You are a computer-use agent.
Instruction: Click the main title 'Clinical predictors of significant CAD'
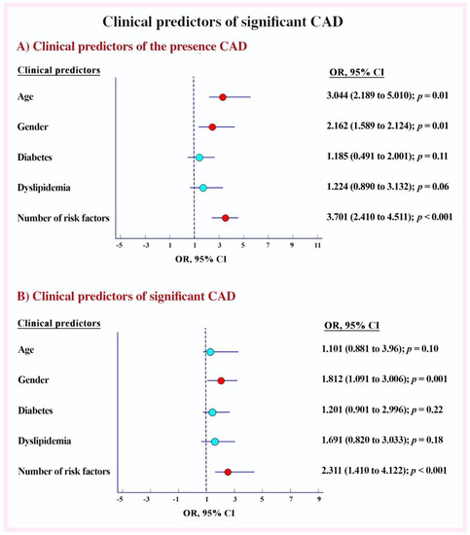[x=235, y=22]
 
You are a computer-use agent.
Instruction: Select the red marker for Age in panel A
[x=223, y=97]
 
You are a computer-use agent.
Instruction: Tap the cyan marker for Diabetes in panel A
[x=199, y=157]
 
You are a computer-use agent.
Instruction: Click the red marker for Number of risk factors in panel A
[x=226, y=219]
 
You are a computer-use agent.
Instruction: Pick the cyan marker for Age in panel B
[x=209, y=351]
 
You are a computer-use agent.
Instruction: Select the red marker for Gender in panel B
[x=221, y=381]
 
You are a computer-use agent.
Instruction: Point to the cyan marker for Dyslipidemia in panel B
[x=214, y=443]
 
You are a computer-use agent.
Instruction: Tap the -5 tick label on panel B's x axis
[x=120, y=501]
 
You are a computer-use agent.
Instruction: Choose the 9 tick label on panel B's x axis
[x=319, y=501]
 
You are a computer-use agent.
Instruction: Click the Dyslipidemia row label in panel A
[x=47, y=187]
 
